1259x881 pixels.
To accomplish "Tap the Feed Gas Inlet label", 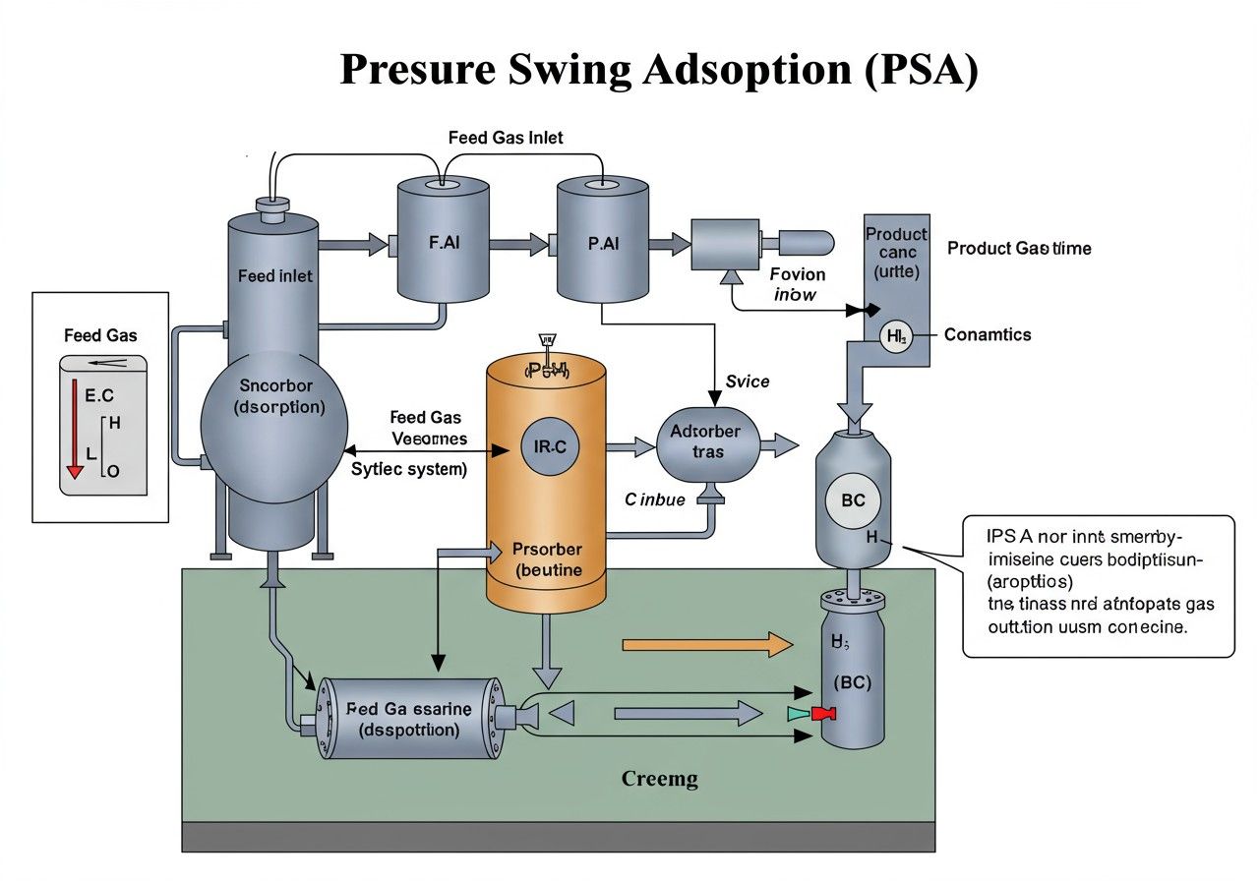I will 506,138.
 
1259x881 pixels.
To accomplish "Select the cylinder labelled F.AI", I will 443,241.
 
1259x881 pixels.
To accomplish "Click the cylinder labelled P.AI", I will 603,241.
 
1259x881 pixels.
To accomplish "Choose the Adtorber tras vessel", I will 706,442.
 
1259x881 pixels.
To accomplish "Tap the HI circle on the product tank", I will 895,336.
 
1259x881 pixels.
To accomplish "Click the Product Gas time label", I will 1019,249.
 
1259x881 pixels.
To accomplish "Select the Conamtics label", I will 988,335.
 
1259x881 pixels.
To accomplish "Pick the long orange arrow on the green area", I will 707,645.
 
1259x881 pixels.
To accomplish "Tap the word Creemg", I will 660,780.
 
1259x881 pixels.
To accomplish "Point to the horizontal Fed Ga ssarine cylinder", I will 409,719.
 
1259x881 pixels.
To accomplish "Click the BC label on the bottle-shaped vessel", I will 853,500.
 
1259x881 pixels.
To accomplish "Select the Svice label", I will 748,382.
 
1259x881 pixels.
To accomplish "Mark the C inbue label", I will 655,499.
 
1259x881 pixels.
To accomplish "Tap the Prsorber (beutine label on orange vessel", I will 548,559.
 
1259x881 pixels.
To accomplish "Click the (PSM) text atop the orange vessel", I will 547,370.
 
